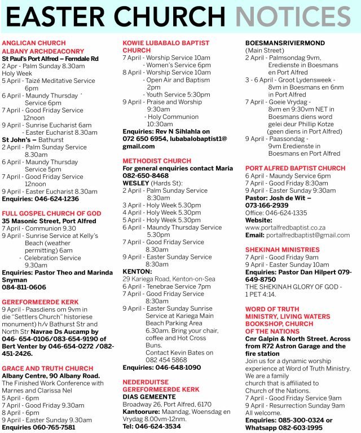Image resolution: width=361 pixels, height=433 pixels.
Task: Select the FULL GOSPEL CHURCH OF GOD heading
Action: click(52, 214)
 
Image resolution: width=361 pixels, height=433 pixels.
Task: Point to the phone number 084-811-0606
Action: click(24, 287)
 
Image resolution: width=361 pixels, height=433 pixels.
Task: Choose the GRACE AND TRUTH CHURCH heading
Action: click(48, 368)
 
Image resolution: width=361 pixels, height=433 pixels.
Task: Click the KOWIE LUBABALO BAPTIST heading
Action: click(166, 43)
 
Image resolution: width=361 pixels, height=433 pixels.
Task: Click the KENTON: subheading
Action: click(138, 271)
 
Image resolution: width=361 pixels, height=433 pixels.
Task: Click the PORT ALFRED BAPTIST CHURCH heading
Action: click(295, 168)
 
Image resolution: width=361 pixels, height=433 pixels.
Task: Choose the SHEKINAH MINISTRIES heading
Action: click(282, 249)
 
